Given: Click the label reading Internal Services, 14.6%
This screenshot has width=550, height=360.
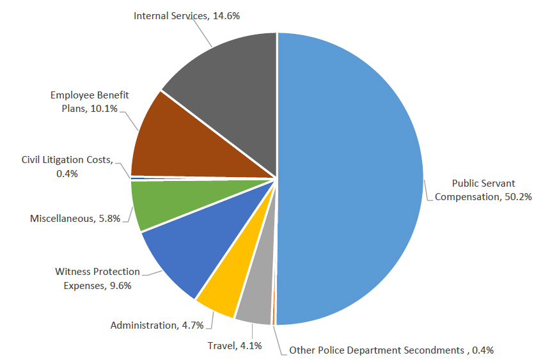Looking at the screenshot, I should (187, 15).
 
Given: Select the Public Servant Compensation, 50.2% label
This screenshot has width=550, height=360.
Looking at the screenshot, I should (483, 190).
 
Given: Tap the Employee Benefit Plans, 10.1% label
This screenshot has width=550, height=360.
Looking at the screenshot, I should (90, 102).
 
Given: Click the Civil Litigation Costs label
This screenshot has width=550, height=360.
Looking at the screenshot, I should (67, 166).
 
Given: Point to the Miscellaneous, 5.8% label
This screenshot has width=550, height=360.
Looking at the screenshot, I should (75, 219).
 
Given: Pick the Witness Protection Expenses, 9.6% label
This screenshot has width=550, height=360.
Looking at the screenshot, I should (97, 279).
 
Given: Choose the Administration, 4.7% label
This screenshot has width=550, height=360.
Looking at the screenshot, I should (157, 325).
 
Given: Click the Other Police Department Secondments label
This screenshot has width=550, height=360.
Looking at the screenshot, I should (391, 350).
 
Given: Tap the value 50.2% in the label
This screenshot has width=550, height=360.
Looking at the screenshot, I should (516, 197).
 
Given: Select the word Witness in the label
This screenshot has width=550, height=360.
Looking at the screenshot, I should (71, 272).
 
